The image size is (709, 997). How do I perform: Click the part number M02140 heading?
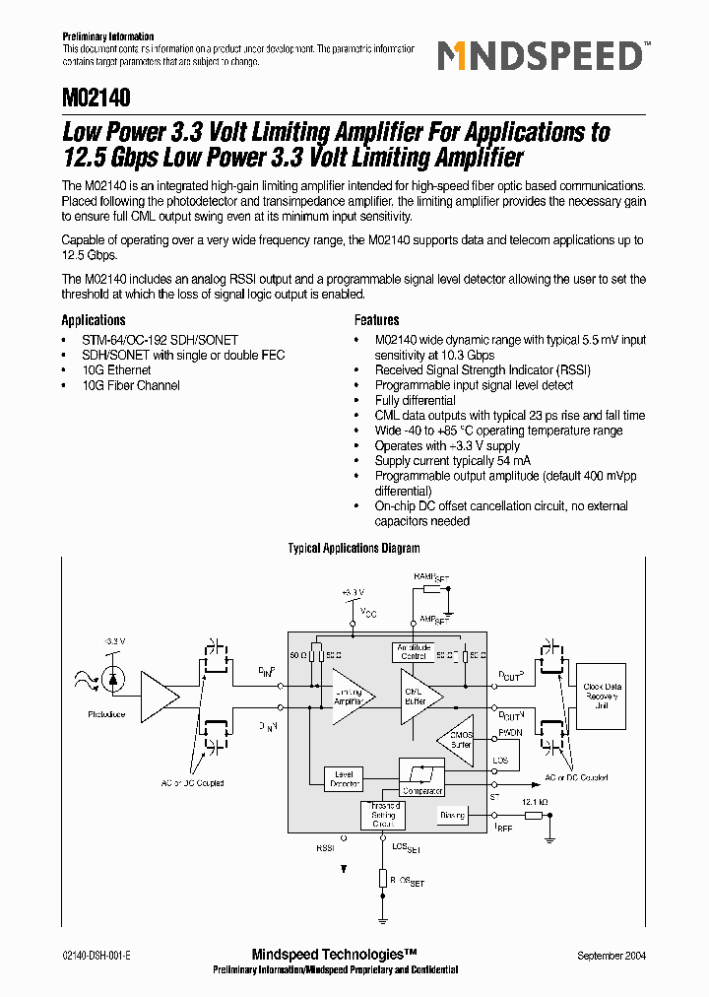coord(96,100)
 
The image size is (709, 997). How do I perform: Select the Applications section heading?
coord(94,320)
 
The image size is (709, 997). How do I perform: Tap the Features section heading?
coord(377,320)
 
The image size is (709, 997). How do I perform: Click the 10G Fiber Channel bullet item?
coord(131,385)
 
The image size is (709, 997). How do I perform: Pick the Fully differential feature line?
coord(415,401)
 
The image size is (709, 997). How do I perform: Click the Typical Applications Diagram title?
coord(354,549)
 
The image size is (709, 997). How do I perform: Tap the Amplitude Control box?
coord(414,652)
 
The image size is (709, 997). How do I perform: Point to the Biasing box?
coord(453,815)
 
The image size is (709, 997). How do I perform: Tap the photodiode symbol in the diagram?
coord(115,680)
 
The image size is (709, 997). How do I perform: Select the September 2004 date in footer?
coord(612,956)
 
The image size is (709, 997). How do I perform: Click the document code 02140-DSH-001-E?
coord(97,956)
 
